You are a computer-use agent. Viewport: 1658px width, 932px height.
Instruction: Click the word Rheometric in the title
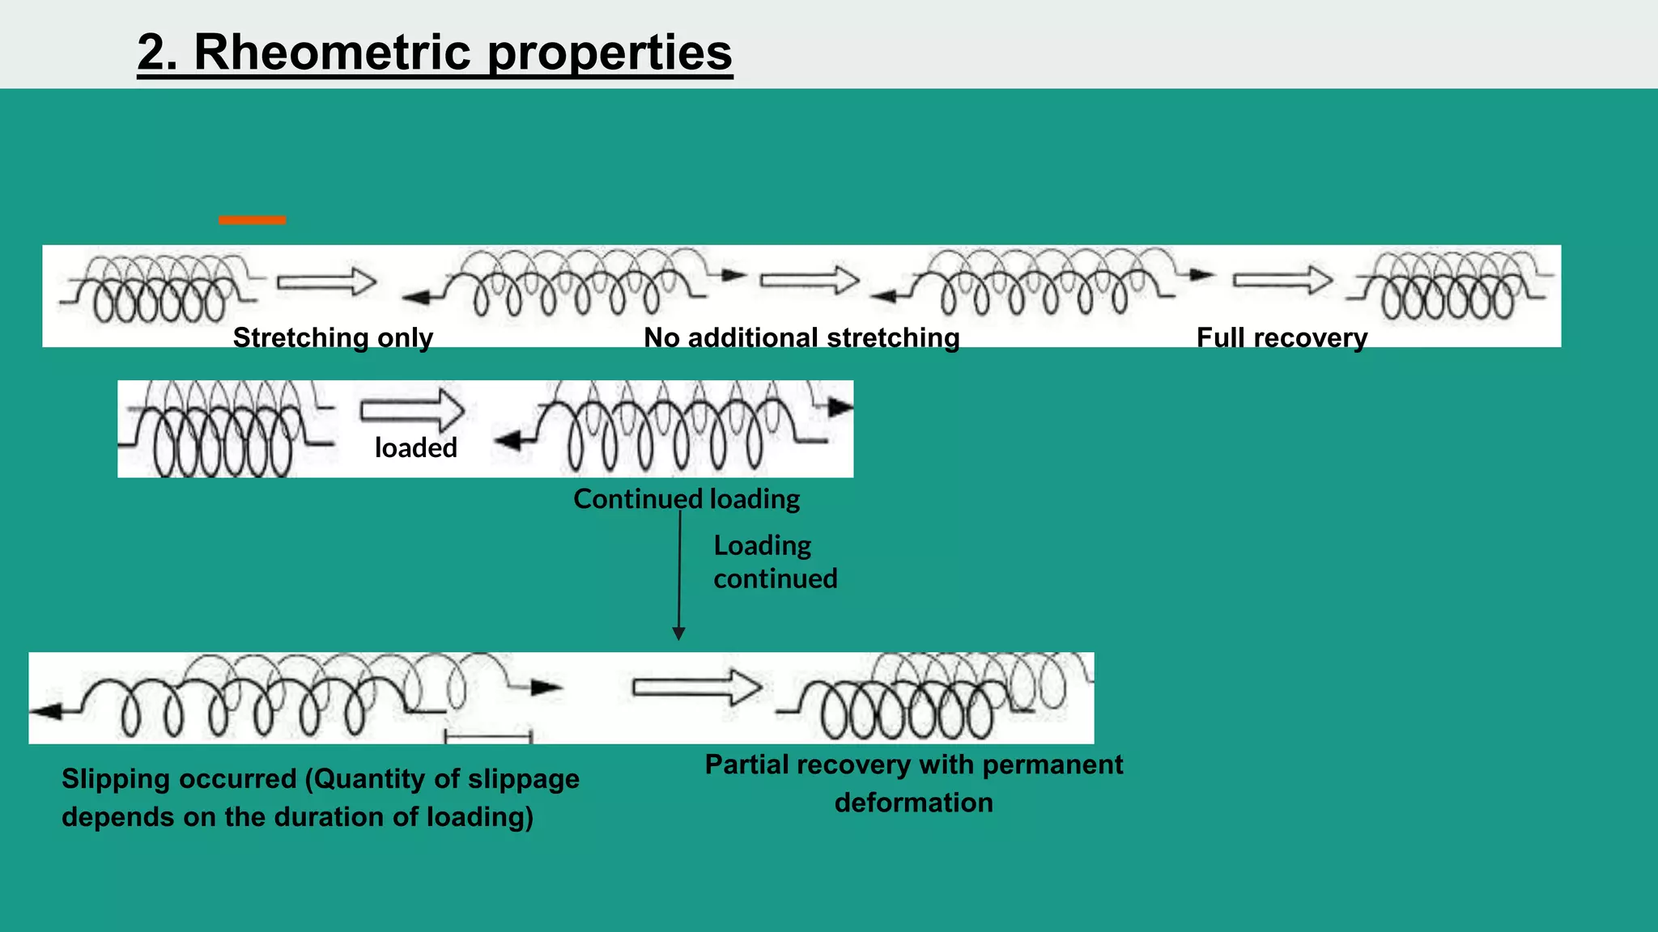tap(332, 53)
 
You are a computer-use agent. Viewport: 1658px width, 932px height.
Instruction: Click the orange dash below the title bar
tap(252, 220)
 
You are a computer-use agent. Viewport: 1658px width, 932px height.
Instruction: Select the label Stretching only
tap(333, 337)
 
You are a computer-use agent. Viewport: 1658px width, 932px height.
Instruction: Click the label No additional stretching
tap(801, 337)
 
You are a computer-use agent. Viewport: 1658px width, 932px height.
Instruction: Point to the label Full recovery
tap(1282, 337)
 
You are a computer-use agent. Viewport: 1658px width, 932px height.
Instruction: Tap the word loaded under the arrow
tap(415, 447)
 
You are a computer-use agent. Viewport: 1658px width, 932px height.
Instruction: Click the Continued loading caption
tap(687, 498)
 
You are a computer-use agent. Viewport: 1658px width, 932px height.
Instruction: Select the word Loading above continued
tap(762, 545)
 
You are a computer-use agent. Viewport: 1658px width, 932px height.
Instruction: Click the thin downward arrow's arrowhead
tap(678, 633)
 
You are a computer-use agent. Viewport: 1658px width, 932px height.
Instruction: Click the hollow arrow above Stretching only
tap(327, 282)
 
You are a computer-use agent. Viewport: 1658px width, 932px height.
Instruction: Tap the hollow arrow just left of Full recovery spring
tap(1282, 280)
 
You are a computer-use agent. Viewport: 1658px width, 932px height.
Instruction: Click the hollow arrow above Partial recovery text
tap(697, 688)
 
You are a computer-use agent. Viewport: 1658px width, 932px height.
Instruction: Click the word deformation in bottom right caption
tap(913, 803)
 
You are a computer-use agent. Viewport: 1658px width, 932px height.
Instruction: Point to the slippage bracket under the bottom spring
tap(488, 737)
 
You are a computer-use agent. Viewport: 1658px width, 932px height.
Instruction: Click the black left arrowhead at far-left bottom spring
tap(46, 711)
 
